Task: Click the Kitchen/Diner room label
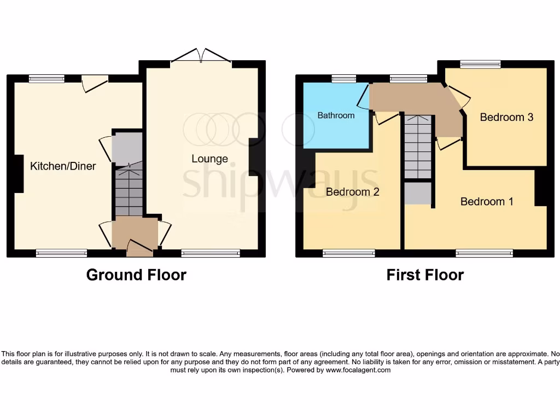pos(63,166)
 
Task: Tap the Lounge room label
pos(209,159)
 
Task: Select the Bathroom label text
pos(336,115)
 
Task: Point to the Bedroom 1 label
pos(487,201)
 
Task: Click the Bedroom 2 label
pos(352,192)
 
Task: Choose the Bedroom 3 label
pos(506,117)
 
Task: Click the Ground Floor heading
pos(136,275)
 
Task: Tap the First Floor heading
pos(425,275)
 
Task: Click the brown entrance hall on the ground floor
pos(135,232)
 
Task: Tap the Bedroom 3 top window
pos(480,65)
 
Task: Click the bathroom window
pos(344,79)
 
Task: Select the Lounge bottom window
pos(211,253)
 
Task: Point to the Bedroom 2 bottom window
pos(348,253)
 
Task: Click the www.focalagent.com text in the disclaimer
pos(358,370)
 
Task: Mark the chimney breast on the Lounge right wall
pos(254,157)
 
